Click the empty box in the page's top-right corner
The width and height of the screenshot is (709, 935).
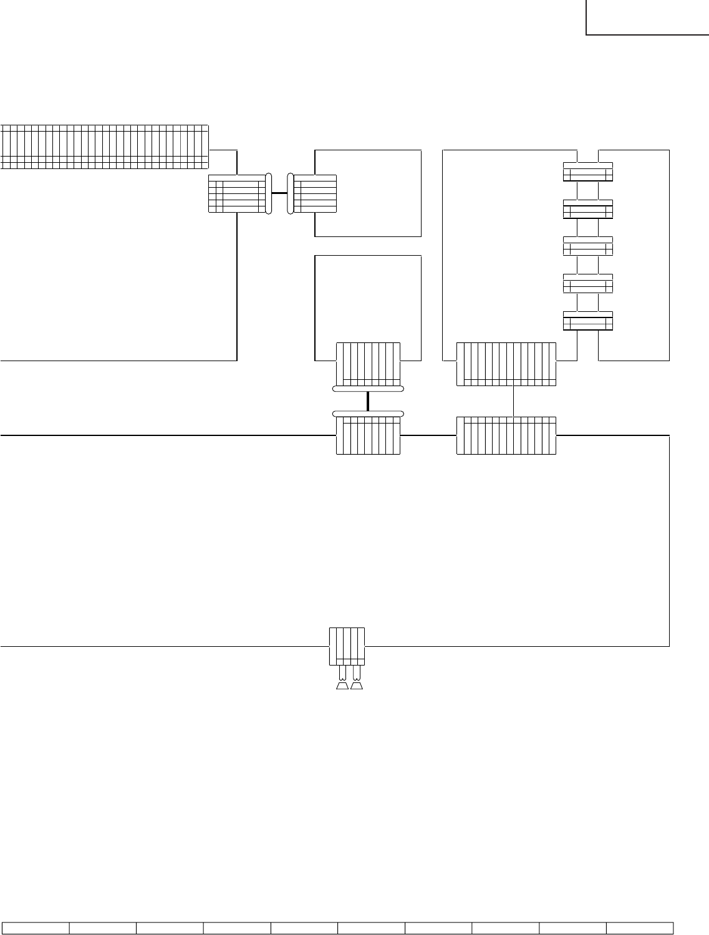647,17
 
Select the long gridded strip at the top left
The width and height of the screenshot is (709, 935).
104,147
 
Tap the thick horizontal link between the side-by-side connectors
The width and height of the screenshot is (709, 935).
279,193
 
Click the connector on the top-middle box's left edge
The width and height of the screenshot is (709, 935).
315,193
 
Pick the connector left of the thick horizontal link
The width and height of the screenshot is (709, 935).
237,193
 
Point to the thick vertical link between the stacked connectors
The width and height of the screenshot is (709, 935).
368,400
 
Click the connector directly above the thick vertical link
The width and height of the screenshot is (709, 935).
368,364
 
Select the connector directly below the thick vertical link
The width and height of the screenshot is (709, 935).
368,435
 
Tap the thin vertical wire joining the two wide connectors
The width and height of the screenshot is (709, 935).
513,401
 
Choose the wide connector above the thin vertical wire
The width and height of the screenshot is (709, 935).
506,364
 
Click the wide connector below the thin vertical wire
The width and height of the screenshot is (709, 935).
506,435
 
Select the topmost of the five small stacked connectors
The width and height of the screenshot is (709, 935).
588,172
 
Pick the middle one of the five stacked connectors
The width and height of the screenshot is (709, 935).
588,246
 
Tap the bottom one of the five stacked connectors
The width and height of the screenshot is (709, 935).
588,321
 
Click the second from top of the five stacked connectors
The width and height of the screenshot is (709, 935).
588,209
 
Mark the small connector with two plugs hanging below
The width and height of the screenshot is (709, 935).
347,646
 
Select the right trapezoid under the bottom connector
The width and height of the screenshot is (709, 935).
357,687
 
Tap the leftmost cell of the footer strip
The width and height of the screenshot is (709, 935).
36,928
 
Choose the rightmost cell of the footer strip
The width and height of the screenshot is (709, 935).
640,928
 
